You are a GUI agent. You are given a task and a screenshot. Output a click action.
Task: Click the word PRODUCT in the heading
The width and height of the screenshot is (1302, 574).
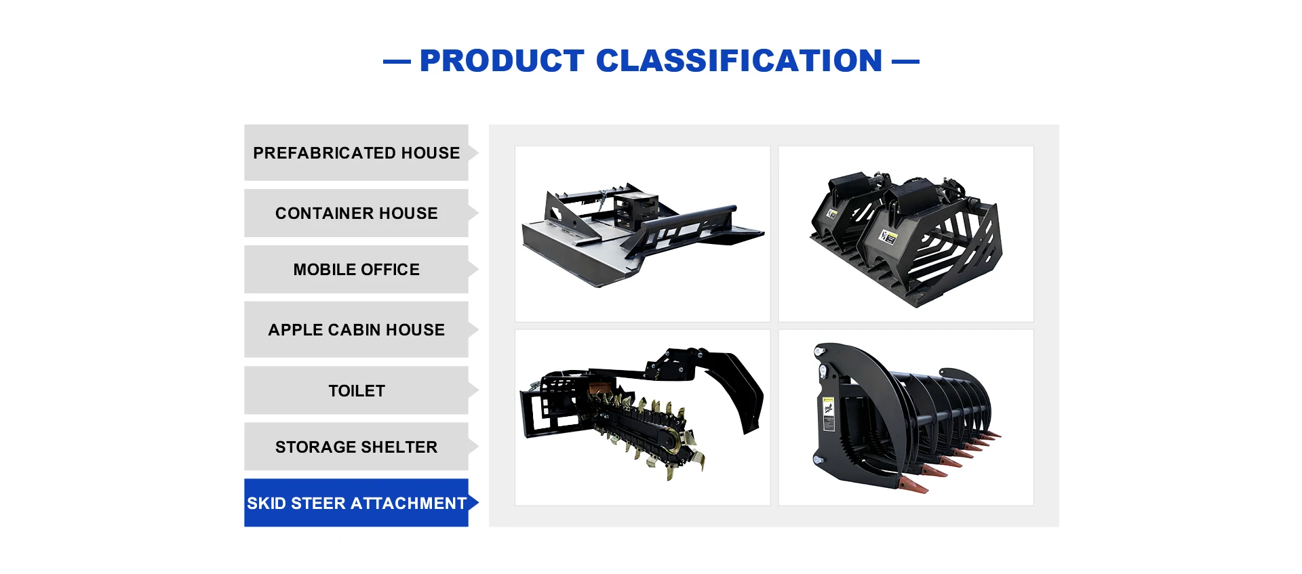tap(502, 61)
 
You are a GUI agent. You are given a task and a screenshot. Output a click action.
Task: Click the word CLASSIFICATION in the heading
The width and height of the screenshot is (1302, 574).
tap(739, 61)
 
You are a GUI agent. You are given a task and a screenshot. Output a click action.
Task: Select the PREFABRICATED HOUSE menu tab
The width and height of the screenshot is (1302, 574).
tap(357, 152)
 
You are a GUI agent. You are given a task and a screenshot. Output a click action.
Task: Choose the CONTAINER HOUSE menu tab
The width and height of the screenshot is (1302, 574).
tap(357, 213)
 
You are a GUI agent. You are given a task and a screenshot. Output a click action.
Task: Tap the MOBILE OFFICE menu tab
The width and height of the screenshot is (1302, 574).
tap(357, 269)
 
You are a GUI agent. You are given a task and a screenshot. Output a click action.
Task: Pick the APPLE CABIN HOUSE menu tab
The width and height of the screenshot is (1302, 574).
tap(357, 329)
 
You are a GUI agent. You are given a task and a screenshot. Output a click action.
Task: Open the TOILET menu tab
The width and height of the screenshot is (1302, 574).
tap(357, 390)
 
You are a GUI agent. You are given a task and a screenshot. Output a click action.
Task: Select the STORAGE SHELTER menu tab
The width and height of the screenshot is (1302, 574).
tap(357, 447)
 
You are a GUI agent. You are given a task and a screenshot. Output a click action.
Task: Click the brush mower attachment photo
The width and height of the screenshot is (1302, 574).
tap(642, 234)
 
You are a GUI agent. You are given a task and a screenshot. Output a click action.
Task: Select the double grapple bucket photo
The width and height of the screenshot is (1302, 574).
tap(906, 234)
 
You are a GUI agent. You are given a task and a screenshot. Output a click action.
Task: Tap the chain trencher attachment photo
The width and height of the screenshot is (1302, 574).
tap(642, 417)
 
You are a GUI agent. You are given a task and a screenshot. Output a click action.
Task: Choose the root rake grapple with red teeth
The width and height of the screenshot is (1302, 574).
tap(906, 417)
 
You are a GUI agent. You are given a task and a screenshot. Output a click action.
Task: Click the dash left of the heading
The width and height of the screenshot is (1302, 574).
tap(397, 62)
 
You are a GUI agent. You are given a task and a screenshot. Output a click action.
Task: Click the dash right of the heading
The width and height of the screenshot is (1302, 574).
tap(905, 62)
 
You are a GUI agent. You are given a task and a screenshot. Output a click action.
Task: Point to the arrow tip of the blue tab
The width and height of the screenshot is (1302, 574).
tap(478, 503)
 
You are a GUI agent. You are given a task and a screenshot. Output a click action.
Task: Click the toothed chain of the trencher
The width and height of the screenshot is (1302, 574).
tap(644, 431)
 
